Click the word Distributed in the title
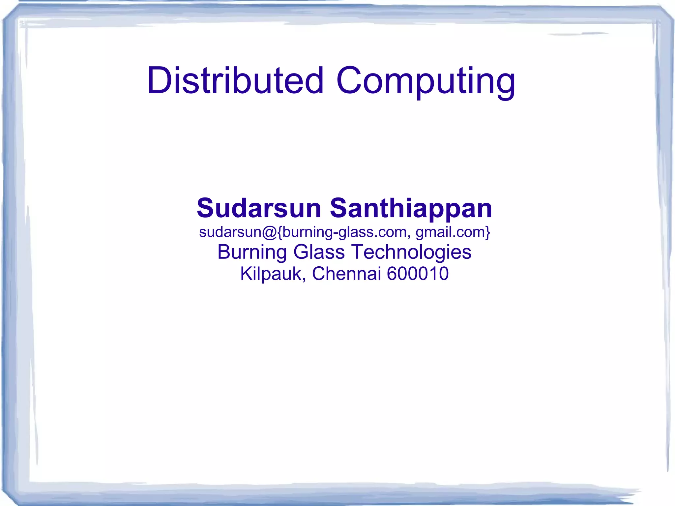coord(235,81)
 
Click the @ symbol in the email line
coord(270,232)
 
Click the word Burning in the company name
coord(252,252)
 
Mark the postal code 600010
coord(418,274)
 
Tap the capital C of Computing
coord(350,81)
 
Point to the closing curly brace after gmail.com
coord(488,232)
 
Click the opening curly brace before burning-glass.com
coord(280,232)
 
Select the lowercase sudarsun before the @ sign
coord(230,232)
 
